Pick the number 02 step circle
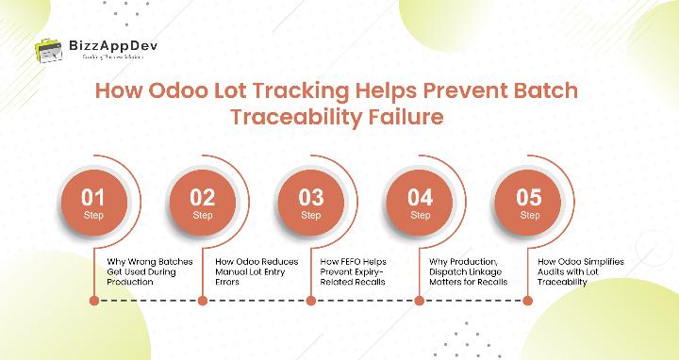[x=203, y=203]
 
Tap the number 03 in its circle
[x=311, y=199]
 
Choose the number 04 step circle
[x=420, y=203]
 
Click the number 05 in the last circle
[x=529, y=199]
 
